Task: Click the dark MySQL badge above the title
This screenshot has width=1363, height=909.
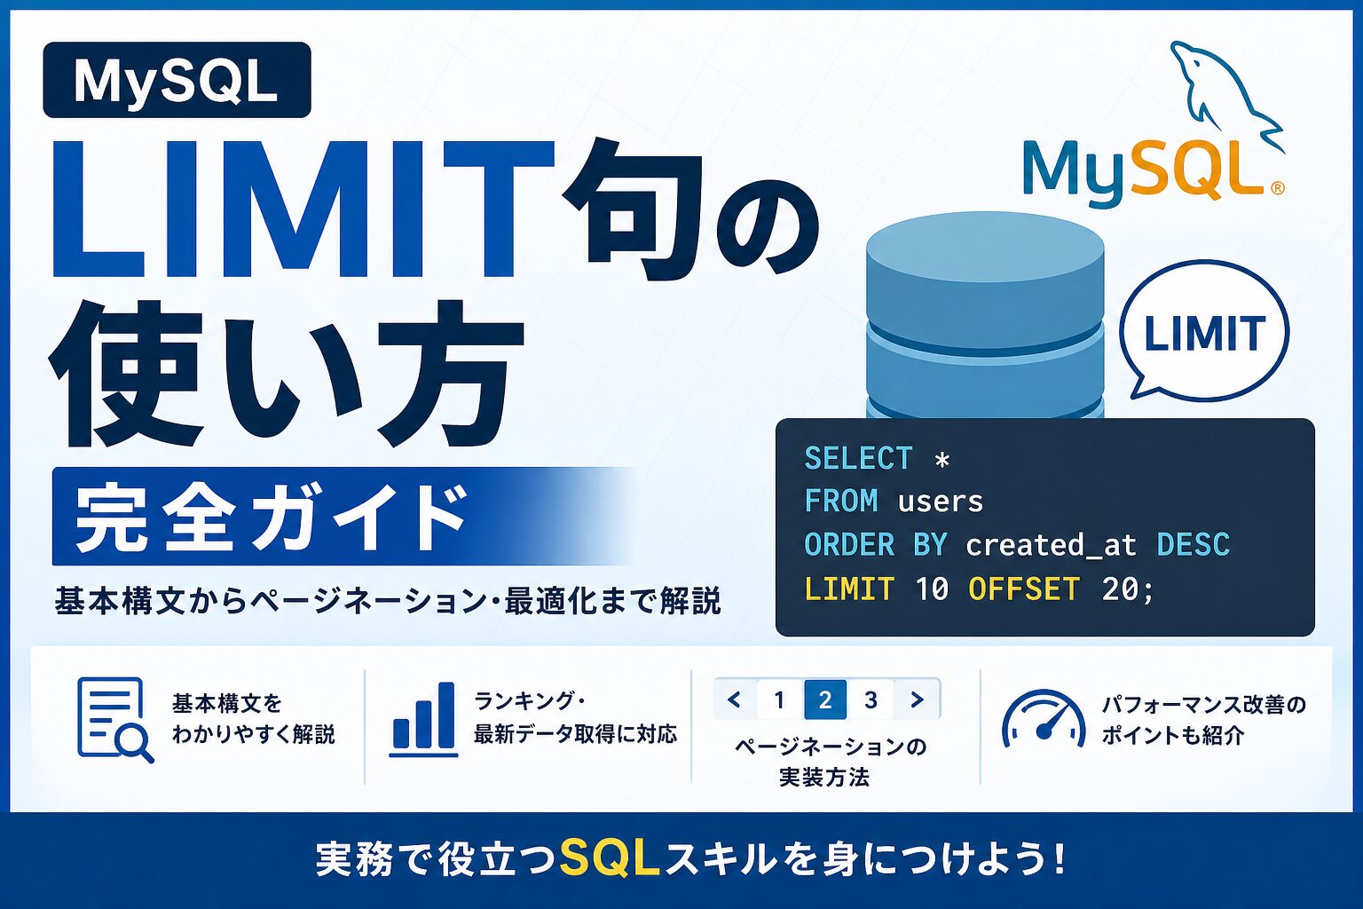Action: click(x=177, y=80)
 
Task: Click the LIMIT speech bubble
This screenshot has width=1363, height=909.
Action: click(x=1203, y=332)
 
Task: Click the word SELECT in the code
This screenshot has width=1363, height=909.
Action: click(x=858, y=458)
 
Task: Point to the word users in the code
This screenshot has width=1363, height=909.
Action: click(x=941, y=502)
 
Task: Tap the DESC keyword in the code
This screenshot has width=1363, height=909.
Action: click(x=1193, y=544)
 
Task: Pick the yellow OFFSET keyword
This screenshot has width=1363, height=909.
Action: click(x=1024, y=589)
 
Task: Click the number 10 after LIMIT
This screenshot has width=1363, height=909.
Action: click(x=932, y=589)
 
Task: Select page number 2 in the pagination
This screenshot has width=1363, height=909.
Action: click(x=825, y=700)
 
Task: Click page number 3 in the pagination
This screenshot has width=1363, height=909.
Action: click(x=871, y=700)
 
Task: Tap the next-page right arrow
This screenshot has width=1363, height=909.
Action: click(x=917, y=700)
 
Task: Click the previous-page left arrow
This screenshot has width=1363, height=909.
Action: click(x=735, y=700)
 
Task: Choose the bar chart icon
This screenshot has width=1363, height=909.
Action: click(x=423, y=719)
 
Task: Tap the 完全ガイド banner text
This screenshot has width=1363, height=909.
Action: click(x=272, y=517)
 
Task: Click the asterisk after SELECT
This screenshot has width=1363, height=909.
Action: click(x=941, y=460)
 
